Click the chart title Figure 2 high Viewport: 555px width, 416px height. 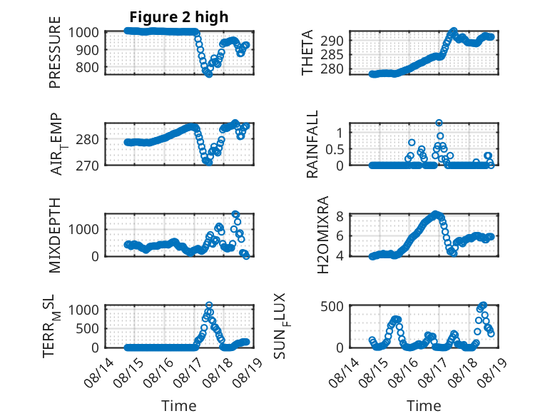(x=179, y=16)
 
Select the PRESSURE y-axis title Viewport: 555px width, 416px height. (x=55, y=52)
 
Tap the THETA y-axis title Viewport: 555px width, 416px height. (x=307, y=52)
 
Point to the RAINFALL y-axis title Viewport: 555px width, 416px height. (x=312, y=143)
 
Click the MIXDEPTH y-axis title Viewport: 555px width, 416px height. (x=55, y=235)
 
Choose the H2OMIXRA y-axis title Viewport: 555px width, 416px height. (x=323, y=235)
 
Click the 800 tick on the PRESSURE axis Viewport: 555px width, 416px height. (x=87, y=67)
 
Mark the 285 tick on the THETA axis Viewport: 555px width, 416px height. (x=332, y=55)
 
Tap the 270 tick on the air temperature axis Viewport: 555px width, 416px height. (x=87, y=166)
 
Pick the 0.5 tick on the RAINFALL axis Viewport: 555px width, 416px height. (x=335, y=149)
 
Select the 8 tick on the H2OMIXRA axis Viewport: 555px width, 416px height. (x=340, y=215)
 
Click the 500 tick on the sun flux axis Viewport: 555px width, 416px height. (x=332, y=306)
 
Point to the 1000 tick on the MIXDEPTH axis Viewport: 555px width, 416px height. (x=83, y=230)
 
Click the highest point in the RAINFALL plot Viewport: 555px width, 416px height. (x=439, y=123)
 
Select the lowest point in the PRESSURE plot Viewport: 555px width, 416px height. (x=209, y=74)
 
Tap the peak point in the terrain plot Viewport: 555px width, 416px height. (x=209, y=305)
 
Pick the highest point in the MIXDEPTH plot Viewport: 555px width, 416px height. (x=235, y=214)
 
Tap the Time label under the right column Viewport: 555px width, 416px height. (x=424, y=406)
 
